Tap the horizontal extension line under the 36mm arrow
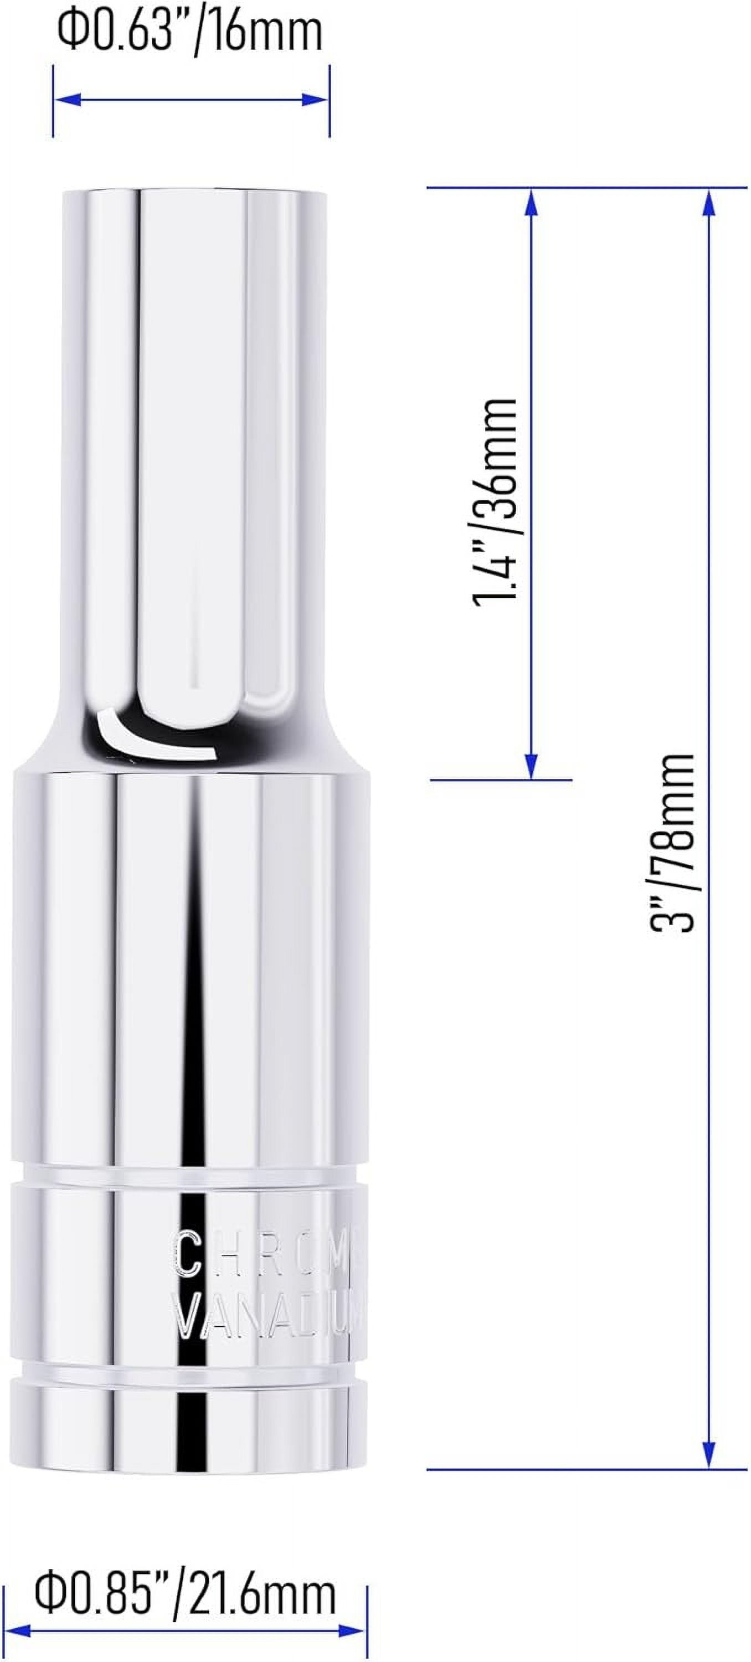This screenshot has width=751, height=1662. (x=501, y=780)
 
